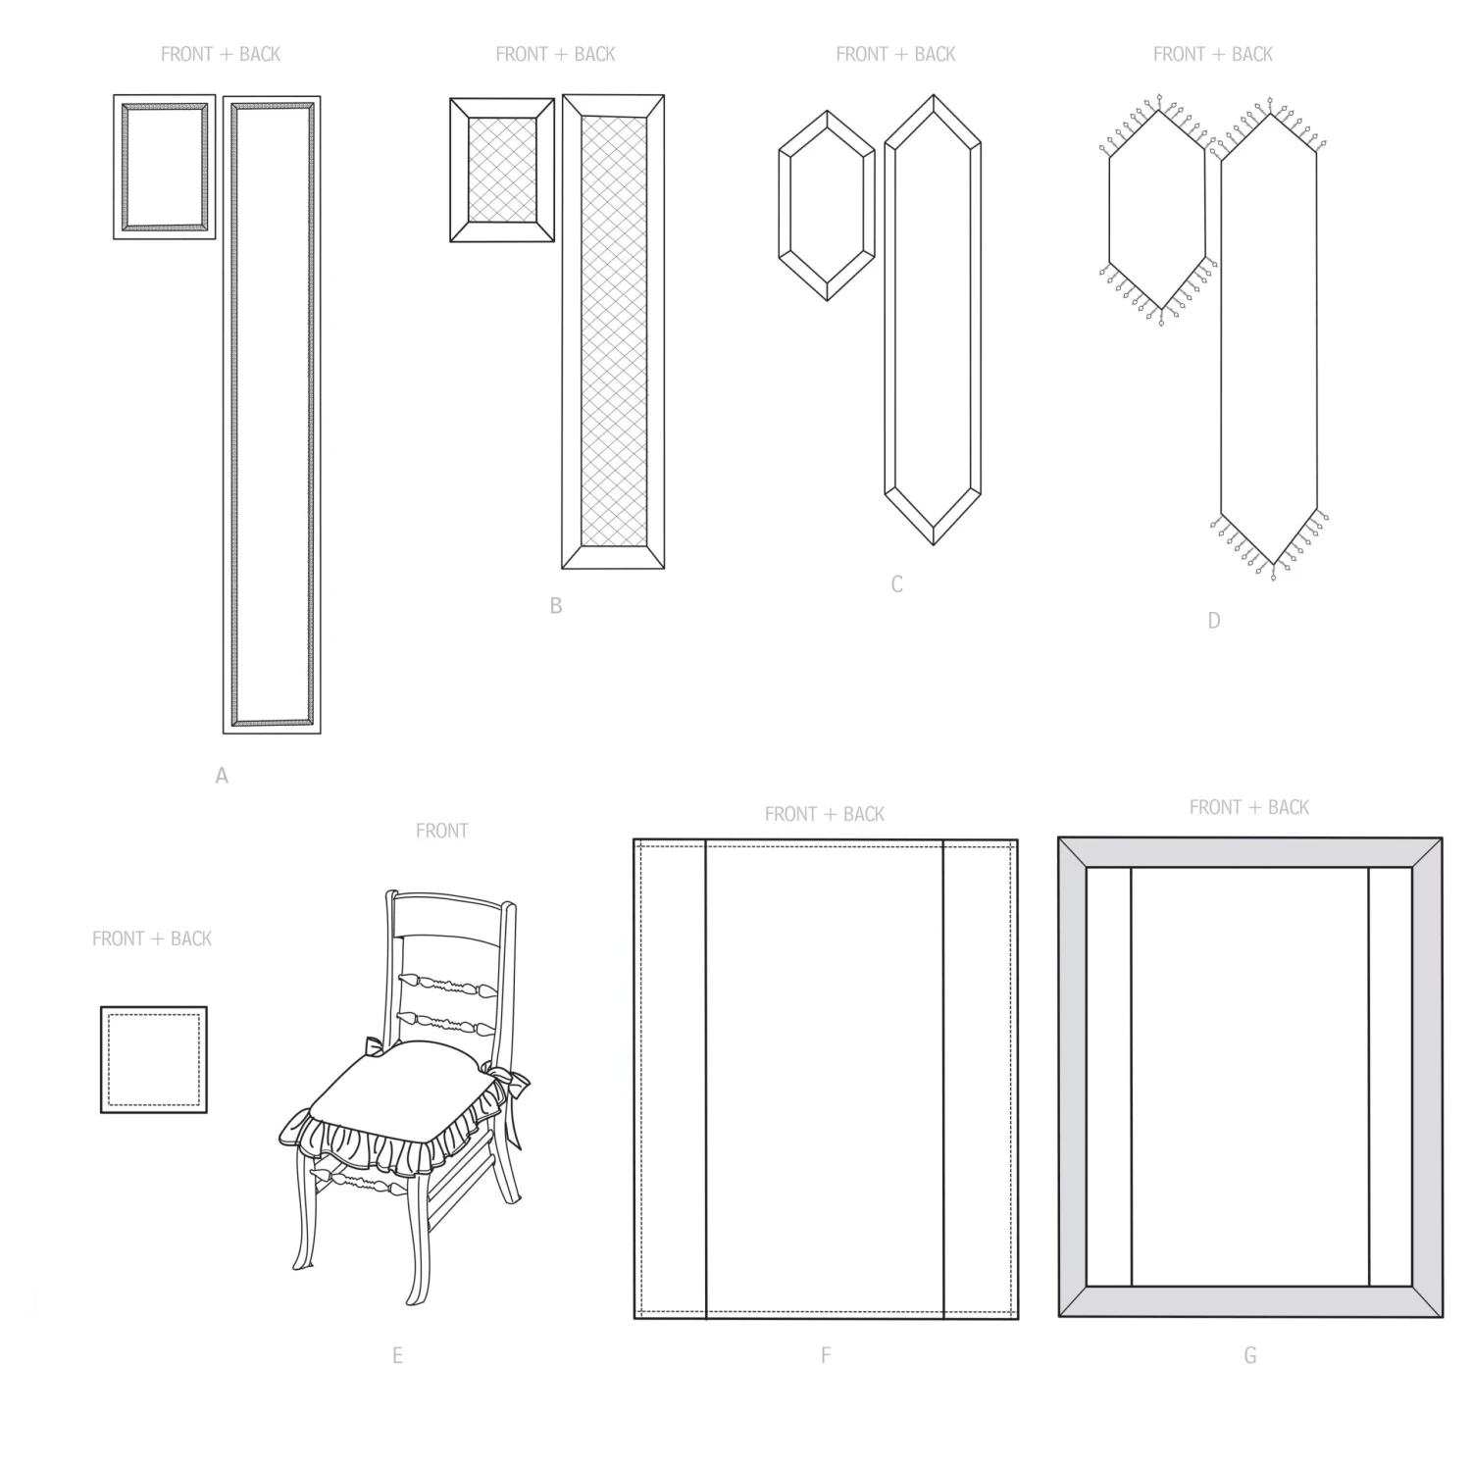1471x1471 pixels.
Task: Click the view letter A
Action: coord(222,776)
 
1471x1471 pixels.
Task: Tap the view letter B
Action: coord(556,606)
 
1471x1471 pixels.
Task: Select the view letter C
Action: coord(896,584)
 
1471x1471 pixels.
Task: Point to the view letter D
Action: coord(1214,620)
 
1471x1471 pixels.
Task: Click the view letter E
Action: coord(397,1355)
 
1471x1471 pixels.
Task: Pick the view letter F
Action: coord(826,1355)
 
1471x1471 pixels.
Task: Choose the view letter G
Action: coord(1250,1355)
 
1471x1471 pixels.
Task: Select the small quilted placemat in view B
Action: coord(502,170)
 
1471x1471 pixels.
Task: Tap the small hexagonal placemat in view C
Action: coord(827,205)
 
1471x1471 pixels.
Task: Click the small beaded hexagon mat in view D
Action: coord(1157,210)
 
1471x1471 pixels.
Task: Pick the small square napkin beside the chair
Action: coord(154,1059)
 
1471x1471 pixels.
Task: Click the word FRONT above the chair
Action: coord(442,831)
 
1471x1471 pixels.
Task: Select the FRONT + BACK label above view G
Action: coord(1249,807)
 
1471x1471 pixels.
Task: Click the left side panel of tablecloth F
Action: coord(671,1079)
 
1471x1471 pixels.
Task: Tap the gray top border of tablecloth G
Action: coord(1250,852)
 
